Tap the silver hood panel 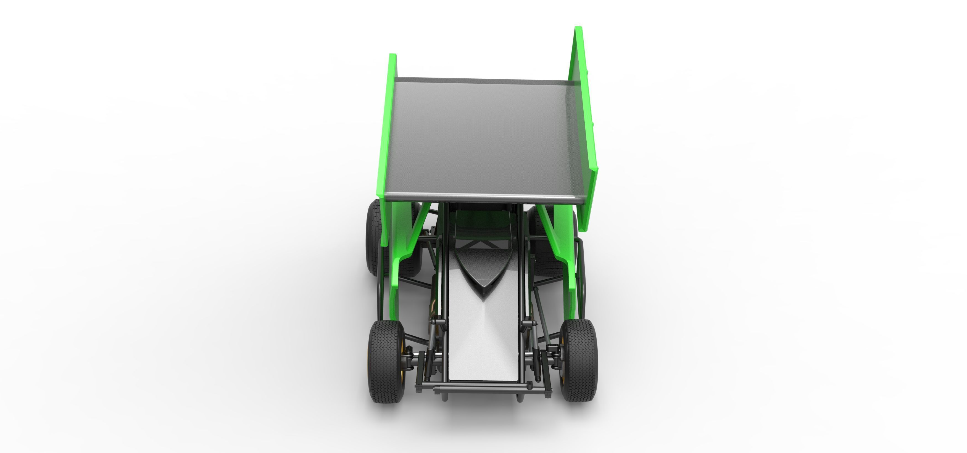(x=484, y=338)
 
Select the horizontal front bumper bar (x=484, y=386)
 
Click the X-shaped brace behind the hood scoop (x=476, y=245)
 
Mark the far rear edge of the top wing (x=484, y=80)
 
